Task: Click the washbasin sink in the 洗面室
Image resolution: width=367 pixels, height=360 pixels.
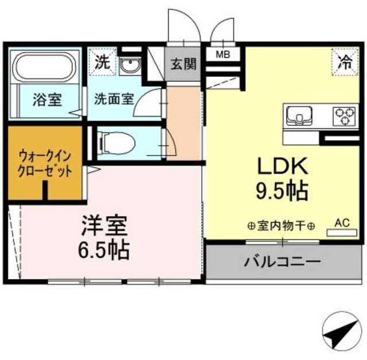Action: click(129, 64)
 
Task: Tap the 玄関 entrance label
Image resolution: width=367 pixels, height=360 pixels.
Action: click(183, 63)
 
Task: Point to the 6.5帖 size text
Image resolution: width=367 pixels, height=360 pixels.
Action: click(104, 250)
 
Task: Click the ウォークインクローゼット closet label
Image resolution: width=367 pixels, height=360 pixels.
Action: click(45, 162)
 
